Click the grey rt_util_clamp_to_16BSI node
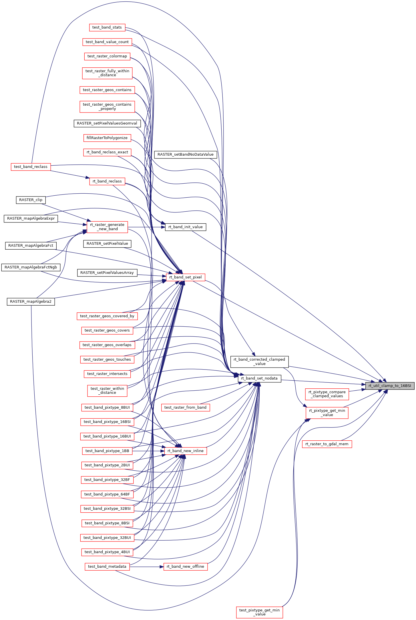(389, 386)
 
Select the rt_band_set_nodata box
(259, 378)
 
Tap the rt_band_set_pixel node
(185, 277)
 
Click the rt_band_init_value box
(185, 227)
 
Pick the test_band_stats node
(107, 27)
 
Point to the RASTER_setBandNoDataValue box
(185, 155)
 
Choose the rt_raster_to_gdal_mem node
(327, 444)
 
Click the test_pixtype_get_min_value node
(259, 612)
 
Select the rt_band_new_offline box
(185, 567)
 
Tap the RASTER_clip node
(31, 200)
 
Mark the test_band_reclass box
(31, 167)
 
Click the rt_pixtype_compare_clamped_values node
(327, 394)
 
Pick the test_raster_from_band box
(185, 408)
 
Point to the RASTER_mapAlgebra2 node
(31, 302)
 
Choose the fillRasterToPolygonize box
(107, 138)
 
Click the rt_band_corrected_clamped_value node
(259, 362)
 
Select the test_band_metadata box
(107, 567)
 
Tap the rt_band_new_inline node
(185, 451)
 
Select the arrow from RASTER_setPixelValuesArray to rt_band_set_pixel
(152, 276)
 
